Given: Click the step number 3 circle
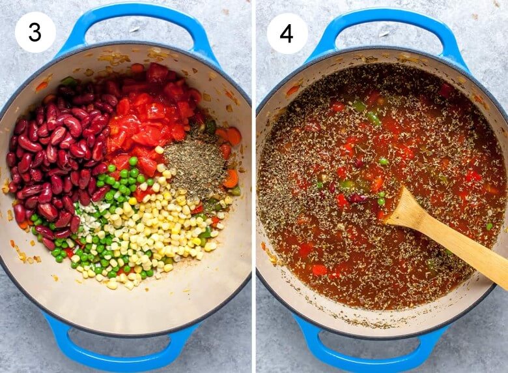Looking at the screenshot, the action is click(x=35, y=32).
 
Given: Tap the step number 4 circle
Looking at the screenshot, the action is click(x=287, y=33).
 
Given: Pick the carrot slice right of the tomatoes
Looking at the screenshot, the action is click(x=234, y=136).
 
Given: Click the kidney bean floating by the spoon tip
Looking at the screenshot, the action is click(x=357, y=198).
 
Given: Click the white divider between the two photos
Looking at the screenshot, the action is click(x=254, y=186).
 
